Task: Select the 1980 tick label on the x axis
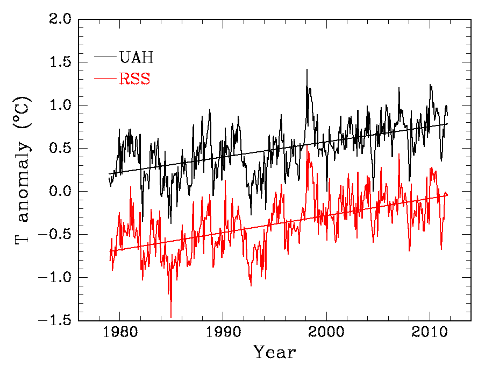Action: tap(120, 333)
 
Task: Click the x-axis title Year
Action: tap(275, 353)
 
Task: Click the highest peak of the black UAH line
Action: tap(307, 69)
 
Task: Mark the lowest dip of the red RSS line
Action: tap(171, 318)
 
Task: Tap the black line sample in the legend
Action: tap(106, 56)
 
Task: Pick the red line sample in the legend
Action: tap(106, 79)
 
